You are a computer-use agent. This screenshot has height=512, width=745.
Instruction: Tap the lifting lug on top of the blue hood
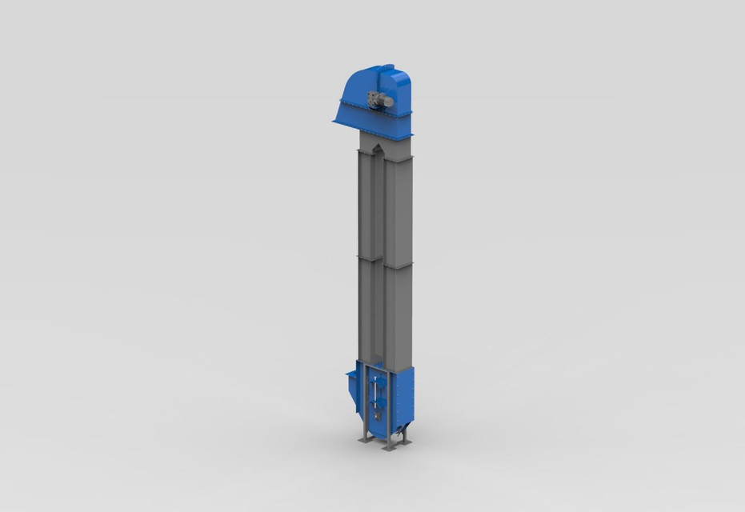click(x=387, y=66)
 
